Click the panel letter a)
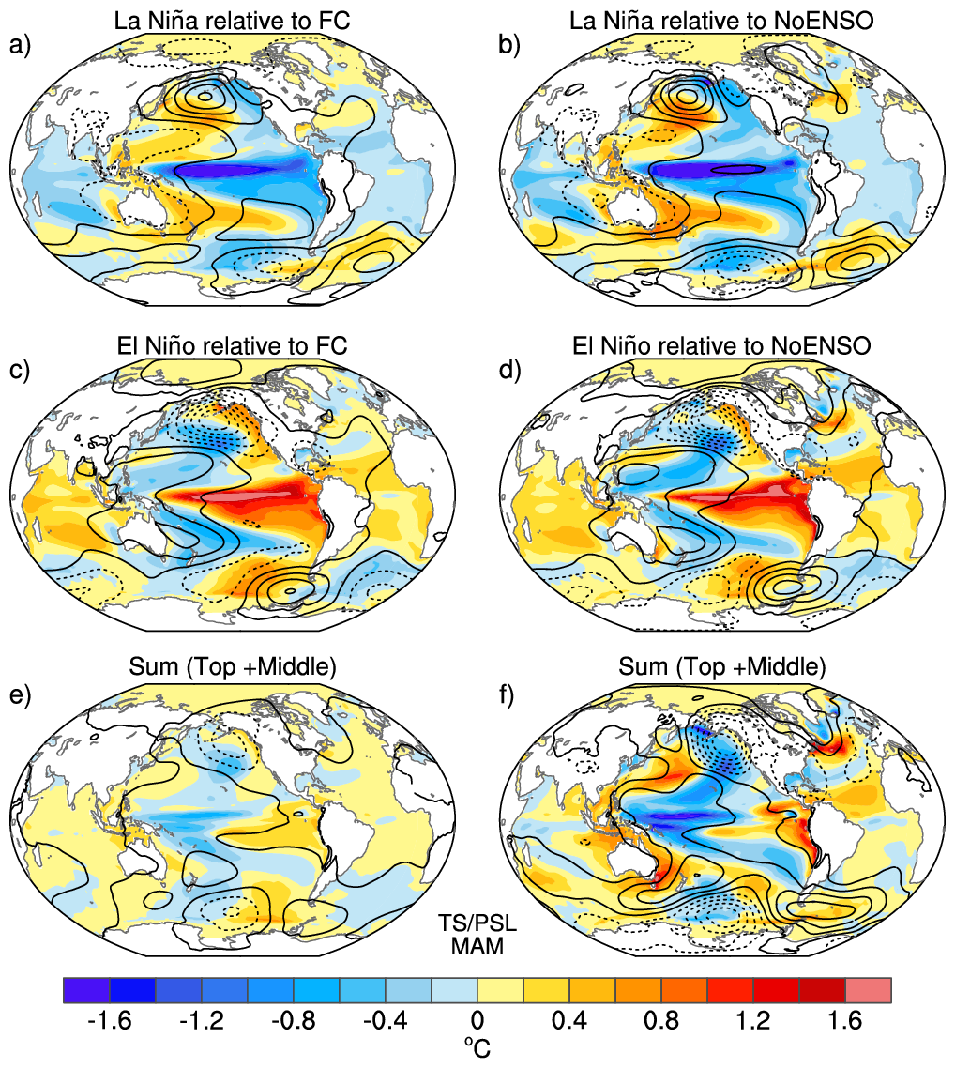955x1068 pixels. point(20,45)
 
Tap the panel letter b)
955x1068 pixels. point(509,45)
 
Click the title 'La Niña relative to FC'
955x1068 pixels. point(232,21)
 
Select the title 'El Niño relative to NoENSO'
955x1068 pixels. point(721,346)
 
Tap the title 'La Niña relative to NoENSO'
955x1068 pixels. point(721,21)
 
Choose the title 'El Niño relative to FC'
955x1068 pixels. point(232,346)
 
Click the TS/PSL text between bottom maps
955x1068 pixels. point(477,923)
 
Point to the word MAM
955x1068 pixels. point(477,946)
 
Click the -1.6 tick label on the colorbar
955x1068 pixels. point(110,1020)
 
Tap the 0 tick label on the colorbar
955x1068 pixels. point(477,1020)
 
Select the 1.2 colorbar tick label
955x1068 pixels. point(753,1020)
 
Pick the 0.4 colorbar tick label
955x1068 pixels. point(569,1020)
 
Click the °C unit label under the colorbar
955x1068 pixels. point(477,1047)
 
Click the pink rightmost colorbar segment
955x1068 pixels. point(868,990)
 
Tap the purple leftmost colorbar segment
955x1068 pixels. point(86,990)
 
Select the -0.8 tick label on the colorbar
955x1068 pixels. point(294,1020)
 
